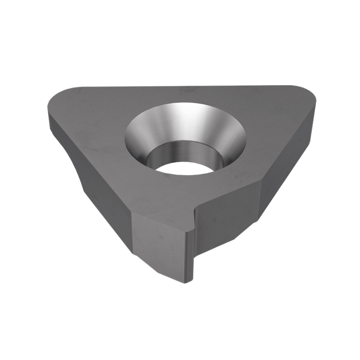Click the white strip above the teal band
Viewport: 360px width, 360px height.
coord(180,34)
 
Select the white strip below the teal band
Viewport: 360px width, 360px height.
coord(180,325)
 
